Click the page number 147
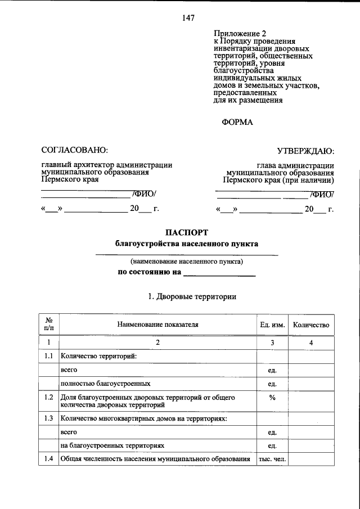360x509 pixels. click(x=188, y=18)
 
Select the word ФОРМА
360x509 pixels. click(x=238, y=122)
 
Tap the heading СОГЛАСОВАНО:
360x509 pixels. click(x=74, y=150)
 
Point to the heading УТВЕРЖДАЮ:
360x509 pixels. click(x=306, y=150)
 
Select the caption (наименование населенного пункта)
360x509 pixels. click(x=187, y=262)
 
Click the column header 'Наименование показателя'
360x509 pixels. click(x=158, y=325)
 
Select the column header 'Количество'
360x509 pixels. click(x=311, y=325)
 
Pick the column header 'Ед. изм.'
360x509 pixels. click(x=272, y=325)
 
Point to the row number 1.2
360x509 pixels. click(x=49, y=398)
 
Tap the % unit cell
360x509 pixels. click(x=272, y=398)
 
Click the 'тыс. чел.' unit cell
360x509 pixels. click(x=272, y=460)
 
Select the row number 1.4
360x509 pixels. click(x=49, y=460)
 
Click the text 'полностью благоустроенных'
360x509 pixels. click(x=105, y=384)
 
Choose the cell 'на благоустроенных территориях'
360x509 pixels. click(x=112, y=445)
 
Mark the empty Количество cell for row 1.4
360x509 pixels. click(x=311, y=460)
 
